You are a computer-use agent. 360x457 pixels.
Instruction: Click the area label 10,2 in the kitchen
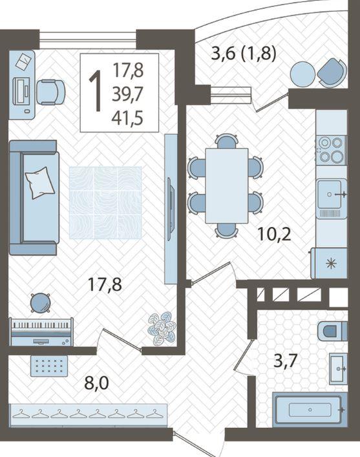(274, 234)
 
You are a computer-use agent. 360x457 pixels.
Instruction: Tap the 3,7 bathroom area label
(286, 361)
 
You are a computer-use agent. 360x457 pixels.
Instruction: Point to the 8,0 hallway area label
(96, 383)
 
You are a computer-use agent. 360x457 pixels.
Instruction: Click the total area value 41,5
(127, 118)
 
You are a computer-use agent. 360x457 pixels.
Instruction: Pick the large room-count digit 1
(95, 91)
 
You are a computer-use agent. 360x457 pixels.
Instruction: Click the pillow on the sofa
(40, 182)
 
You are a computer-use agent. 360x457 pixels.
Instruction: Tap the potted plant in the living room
(162, 328)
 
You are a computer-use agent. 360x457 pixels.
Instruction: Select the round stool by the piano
(40, 303)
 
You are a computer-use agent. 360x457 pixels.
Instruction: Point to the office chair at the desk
(50, 92)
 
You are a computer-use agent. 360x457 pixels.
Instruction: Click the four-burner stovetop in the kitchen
(331, 149)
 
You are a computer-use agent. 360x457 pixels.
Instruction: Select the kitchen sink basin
(330, 194)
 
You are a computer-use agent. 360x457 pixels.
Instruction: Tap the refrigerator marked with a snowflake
(329, 264)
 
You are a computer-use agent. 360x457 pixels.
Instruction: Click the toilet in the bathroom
(332, 331)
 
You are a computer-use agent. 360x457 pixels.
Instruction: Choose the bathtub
(310, 410)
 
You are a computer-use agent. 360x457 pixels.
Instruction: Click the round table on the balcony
(302, 74)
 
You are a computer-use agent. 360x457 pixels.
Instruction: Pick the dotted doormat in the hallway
(49, 366)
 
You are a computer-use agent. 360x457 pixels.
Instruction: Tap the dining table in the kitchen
(226, 186)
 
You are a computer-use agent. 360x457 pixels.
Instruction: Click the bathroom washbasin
(338, 368)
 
